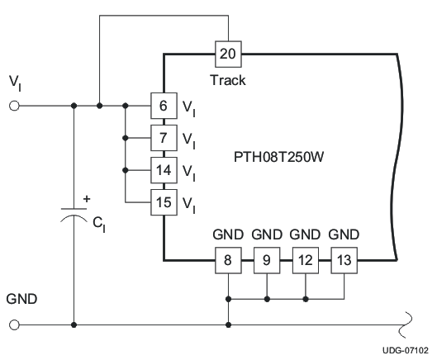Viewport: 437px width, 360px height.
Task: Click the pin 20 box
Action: point(227,54)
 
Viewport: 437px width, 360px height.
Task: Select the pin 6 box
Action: point(164,106)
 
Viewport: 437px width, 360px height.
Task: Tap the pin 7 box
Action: point(164,137)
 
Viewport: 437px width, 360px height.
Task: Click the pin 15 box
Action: point(164,201)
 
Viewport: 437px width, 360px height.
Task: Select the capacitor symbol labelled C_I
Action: point(75,216)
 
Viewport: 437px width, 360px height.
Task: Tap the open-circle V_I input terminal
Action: point(14,106)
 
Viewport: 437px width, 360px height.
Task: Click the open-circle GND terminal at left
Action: point(14,324)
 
